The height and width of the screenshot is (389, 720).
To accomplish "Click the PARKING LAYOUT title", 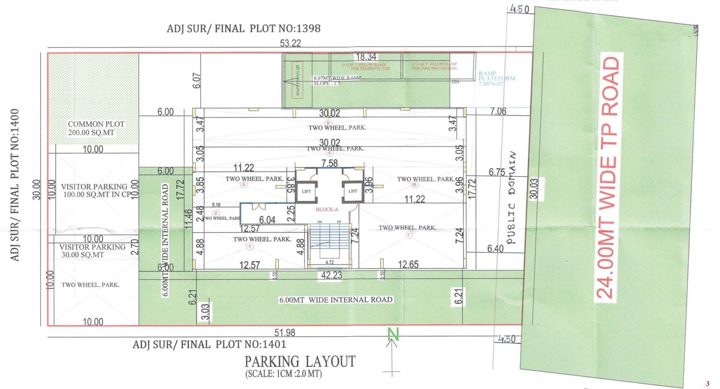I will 300,360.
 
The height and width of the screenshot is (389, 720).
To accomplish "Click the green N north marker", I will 394,335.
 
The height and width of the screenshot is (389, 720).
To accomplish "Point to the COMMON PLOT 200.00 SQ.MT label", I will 96,128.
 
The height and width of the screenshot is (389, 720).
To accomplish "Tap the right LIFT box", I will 353,191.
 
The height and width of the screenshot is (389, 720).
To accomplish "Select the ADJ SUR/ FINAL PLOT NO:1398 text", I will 244,29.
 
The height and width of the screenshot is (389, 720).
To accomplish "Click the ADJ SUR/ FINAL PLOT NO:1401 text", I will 209,344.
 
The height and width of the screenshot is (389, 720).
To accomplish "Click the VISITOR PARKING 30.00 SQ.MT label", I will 91,251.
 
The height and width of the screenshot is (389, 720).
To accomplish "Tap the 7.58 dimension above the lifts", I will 329,163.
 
